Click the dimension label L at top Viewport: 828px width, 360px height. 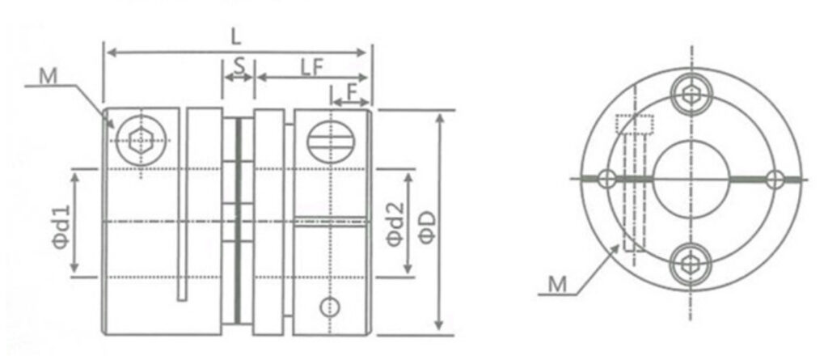coord(235,36)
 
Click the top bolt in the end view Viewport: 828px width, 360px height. coord(690,93)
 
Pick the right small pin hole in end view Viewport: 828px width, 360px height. coord(774,178)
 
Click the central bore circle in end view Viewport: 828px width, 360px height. coord(690,178)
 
